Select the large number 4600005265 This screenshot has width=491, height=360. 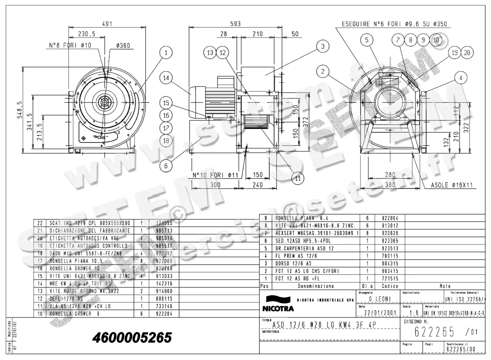133,337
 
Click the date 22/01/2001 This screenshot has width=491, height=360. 376,313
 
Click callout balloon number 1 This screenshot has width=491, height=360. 166,53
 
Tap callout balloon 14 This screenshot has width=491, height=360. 166,78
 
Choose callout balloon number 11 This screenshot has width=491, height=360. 298,178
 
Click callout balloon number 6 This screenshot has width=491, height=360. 166,166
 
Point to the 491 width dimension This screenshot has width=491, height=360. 107,24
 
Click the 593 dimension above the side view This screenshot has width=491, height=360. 236,24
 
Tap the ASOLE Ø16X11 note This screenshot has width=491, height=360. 451,185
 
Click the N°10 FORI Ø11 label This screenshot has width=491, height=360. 216,175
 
